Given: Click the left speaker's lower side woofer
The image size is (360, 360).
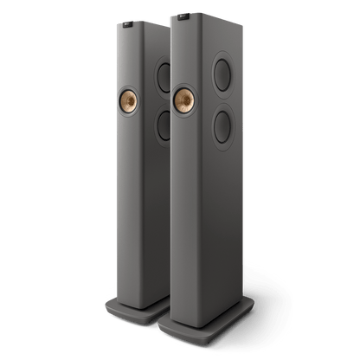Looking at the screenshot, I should point(158,126).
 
